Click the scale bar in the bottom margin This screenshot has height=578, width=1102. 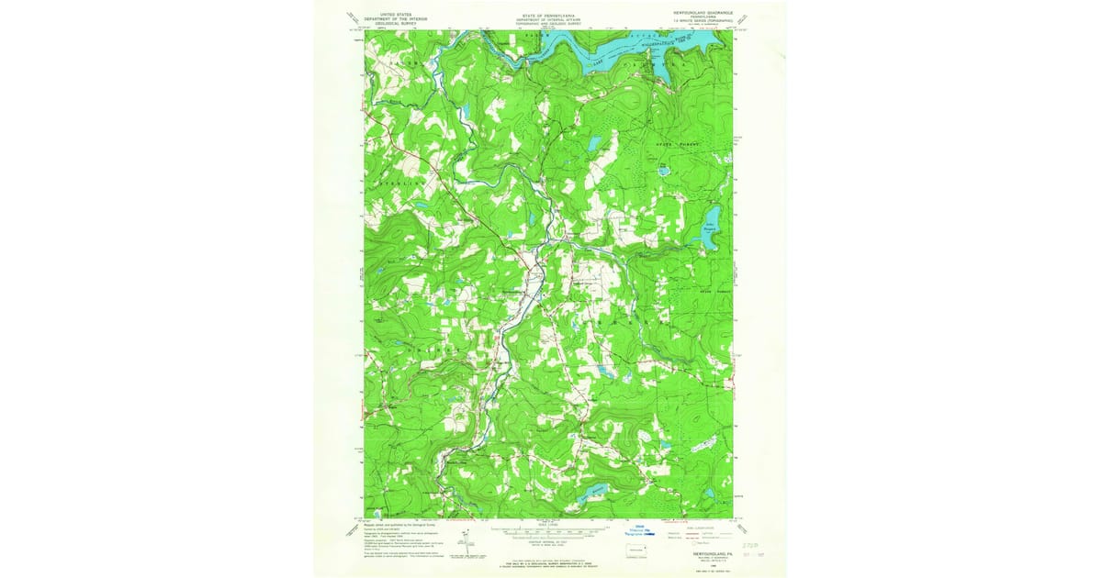tap(548, 529)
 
